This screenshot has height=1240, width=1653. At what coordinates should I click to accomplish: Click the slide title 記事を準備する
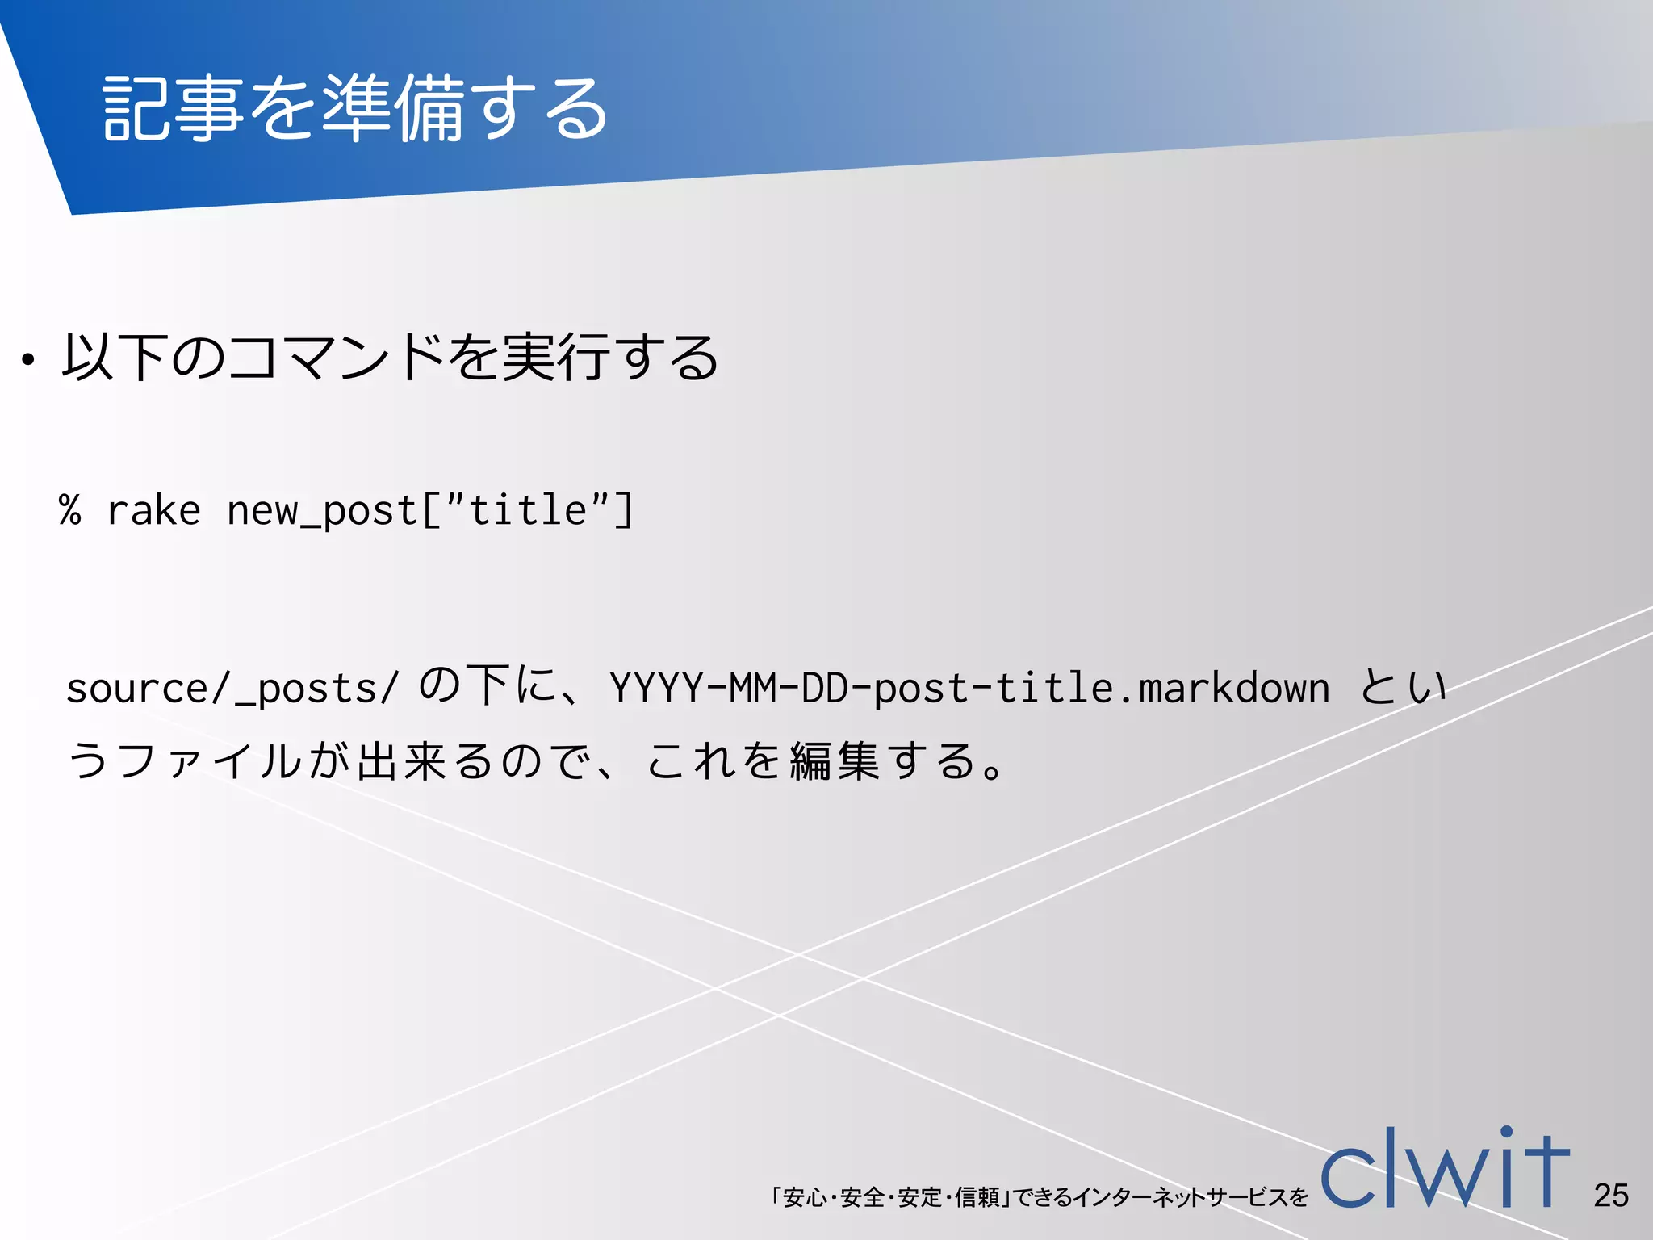click(355, 108)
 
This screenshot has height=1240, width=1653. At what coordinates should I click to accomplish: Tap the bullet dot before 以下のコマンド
click(29, 360)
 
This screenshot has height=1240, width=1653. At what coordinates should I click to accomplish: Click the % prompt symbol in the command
click(70, 510)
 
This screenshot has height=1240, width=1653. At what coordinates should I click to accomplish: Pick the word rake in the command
click(153, 510)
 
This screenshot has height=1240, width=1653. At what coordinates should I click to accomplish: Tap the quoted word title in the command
click(527, 510)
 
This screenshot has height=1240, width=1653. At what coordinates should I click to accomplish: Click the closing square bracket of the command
click(624, 510)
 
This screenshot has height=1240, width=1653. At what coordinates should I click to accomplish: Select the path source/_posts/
click(232, 689)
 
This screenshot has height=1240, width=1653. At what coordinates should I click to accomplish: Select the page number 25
click(1611, 1196)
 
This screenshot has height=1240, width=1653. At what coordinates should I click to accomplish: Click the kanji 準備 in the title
click(394, 108)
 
